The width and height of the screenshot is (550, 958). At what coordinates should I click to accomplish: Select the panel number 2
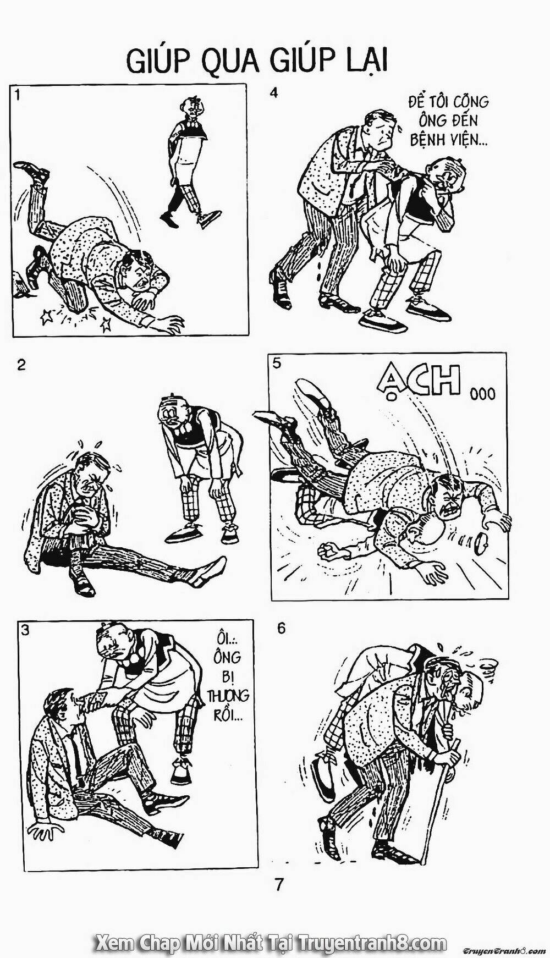coord(21,365)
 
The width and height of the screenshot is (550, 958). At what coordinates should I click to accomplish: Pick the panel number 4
coord(274,92)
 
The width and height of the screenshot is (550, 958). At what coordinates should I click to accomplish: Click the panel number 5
coord(276,363)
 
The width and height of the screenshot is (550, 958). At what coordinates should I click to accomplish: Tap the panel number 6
coord(282,628)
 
